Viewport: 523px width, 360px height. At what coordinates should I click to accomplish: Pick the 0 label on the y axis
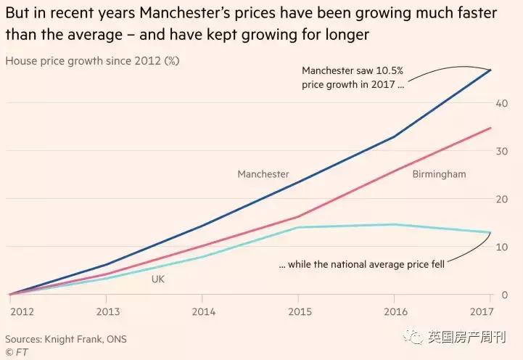pyautogui.click(x=503, y=295)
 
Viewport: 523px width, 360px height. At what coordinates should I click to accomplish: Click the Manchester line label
pyautogui.click(x=263, y=174)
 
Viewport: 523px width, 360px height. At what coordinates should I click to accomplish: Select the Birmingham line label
pyautogui.click(x=439, y=174)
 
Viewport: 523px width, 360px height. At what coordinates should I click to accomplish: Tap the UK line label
pyautogui.click(x=158, y=279)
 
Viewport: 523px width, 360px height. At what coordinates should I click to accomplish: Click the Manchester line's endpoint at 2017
pyautogui.click(x=491, y=70)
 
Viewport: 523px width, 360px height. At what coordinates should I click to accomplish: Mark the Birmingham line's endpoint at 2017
pyautogui.click(x=491, y=128)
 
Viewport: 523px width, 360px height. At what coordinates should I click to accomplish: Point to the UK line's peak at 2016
pyautogui.click(x=395, y=224)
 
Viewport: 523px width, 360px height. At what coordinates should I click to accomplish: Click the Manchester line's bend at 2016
pyautogui.click(x=395, y=136)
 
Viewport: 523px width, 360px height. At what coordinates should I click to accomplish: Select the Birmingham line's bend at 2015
pyautogui.click(x=298, y=216)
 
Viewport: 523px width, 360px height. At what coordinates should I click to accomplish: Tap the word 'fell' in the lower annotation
pyautogui.click(x=435, y=264)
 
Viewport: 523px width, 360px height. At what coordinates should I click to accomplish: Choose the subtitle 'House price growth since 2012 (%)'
pyautogui.click(x=92, y=61)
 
